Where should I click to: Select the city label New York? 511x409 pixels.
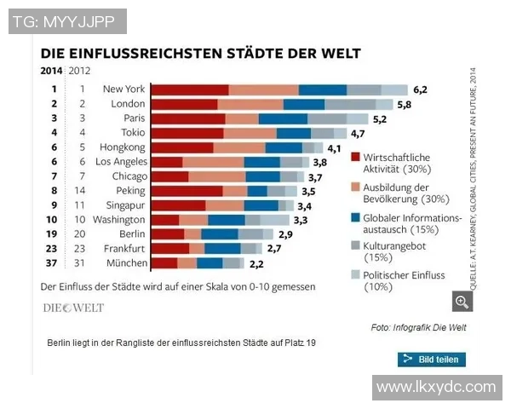[x=123, y=89]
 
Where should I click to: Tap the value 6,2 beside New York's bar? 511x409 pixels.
[x=420, y=89]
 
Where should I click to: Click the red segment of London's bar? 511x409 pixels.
[x=185, y=104]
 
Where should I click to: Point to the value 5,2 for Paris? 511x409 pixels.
[x=380, y=119]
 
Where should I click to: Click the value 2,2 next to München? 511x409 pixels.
[x=255, y=263]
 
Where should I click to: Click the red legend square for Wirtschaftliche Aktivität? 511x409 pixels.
[x=354, y=158]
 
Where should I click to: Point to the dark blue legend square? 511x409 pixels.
[x=354, y=217]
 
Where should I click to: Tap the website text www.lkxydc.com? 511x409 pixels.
[x=436, y=387]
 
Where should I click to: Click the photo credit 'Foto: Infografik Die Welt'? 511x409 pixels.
[x=419, y=327]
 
